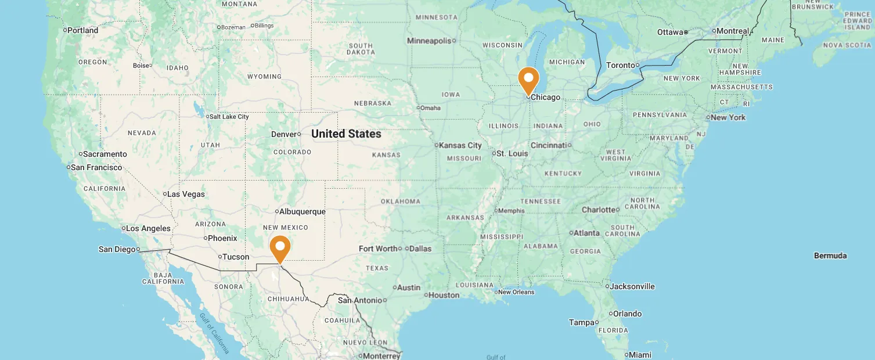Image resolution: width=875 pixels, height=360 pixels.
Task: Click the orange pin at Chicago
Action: point(528,79)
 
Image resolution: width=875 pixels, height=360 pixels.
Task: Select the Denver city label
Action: point(285,134)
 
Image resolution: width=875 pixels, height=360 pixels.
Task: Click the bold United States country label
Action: point(346,134)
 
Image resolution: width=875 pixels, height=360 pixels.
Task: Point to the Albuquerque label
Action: point(302,211)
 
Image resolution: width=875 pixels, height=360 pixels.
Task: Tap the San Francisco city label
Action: point(96,167)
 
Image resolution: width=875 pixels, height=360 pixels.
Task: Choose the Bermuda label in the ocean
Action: point(830,255)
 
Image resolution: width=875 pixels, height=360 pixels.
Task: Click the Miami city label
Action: point(640,355)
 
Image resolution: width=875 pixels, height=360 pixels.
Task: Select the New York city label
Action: point(728,117)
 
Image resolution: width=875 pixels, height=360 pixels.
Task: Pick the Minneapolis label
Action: point(429,41)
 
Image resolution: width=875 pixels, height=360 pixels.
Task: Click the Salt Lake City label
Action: point(229,117)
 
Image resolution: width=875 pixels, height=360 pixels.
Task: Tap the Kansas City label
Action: point(460,145)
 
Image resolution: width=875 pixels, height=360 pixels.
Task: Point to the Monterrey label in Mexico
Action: point(381,356)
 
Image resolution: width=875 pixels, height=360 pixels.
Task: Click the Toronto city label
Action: point(620,65)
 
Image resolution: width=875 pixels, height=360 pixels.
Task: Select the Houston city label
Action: point(444,295)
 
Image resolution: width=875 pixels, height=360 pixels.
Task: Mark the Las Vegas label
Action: point(186,194)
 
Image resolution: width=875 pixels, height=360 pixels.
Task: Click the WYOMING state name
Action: point(264,77)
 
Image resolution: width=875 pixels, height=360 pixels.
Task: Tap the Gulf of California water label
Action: point(214,333)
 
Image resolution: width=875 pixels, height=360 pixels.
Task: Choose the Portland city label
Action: point(82,30)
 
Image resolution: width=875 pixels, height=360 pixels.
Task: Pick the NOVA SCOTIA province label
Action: point(847,45)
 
